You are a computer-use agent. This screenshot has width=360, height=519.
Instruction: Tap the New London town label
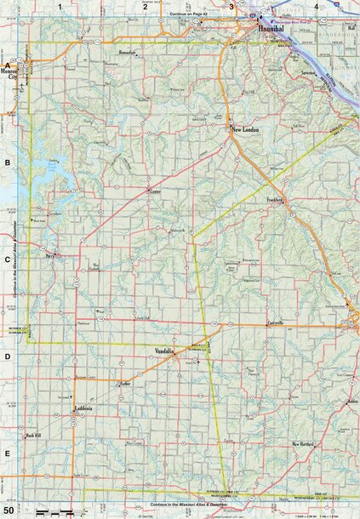tap(245, 129)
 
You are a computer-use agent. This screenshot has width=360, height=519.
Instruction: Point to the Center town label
tap(154, 192)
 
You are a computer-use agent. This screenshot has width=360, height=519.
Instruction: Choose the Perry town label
tap(50, 254)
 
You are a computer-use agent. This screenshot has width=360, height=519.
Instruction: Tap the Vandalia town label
tap(164, 351)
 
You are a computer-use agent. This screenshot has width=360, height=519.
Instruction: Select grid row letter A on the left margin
tap(7, 65)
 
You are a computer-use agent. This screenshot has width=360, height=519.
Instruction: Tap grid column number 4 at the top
tap(317, 6)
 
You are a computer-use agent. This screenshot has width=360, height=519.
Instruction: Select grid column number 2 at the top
tap(145, 6)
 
